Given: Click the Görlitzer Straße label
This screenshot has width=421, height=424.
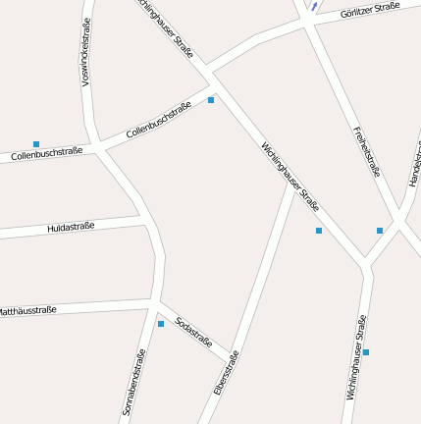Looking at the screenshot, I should (x=370, y=11).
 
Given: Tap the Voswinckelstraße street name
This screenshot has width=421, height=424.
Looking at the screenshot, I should (x=86, y=52).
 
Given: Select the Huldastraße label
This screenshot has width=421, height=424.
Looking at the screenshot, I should (x=71, y=228).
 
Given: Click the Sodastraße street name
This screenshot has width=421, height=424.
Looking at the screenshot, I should (x=193, y=332).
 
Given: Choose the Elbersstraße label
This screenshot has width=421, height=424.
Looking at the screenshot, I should (x=227, y=373).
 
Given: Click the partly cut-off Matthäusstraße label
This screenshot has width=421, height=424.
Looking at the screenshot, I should (x=27, y=310).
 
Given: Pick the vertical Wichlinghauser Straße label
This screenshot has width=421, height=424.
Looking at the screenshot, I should (x=356, y=357).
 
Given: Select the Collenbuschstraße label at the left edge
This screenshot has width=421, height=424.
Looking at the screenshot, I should (x=46, y=154).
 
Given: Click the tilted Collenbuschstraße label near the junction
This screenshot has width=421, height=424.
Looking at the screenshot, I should (x=158, y=121).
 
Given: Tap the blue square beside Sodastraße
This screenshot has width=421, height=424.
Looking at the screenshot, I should (x=161, y=324).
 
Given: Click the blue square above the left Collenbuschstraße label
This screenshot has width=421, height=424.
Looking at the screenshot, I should (x=36, y=144).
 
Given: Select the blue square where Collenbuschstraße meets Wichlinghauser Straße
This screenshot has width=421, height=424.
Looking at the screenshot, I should (x=211, y=100).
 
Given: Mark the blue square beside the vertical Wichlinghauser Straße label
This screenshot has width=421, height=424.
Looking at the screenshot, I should (x=366, y=351).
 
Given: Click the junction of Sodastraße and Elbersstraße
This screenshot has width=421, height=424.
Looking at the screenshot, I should (x=234, y=353).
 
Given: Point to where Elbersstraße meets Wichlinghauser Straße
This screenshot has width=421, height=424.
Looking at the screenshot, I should (x=292, y=183).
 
